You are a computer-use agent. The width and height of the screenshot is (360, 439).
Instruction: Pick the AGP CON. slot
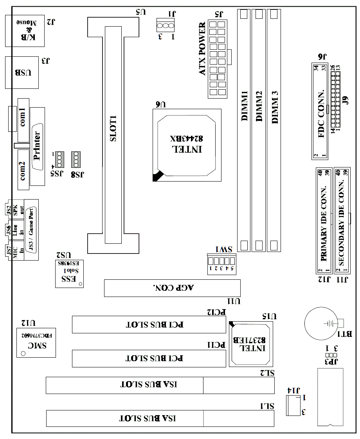[172, 288]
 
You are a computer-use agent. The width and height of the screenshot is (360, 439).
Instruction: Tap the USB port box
[23, 72]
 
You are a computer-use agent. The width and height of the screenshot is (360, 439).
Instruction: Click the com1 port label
[23, 116]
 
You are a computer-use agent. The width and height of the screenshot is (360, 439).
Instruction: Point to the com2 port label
[23, 171]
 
